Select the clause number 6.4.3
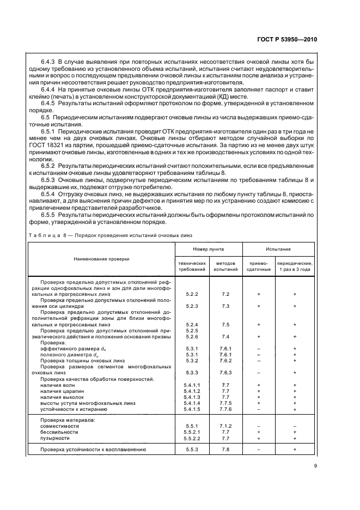pyautogui.click(x=50, y=63)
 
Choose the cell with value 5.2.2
pyautogui.click(x=191, y=294)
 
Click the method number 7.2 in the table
pyautogui.click(x=225, y=294)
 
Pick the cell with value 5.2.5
pyautogui.click(x=191, y=331)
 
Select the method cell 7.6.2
pyautogui.click(x=225, y=360)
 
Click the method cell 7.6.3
pyautogui.click(x=225, y=373)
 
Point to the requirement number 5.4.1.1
pyautogui.click(x=192, y=385)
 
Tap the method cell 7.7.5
pyautogui.click(x=225, y=403)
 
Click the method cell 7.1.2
pyautogui.click(x=225, y=426)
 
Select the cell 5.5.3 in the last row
pyautogui.click(x=191, y=450)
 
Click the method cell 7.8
pyautogui.click(x=225, y=450)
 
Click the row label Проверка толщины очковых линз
pyautogui.click(x=78, y=360)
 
